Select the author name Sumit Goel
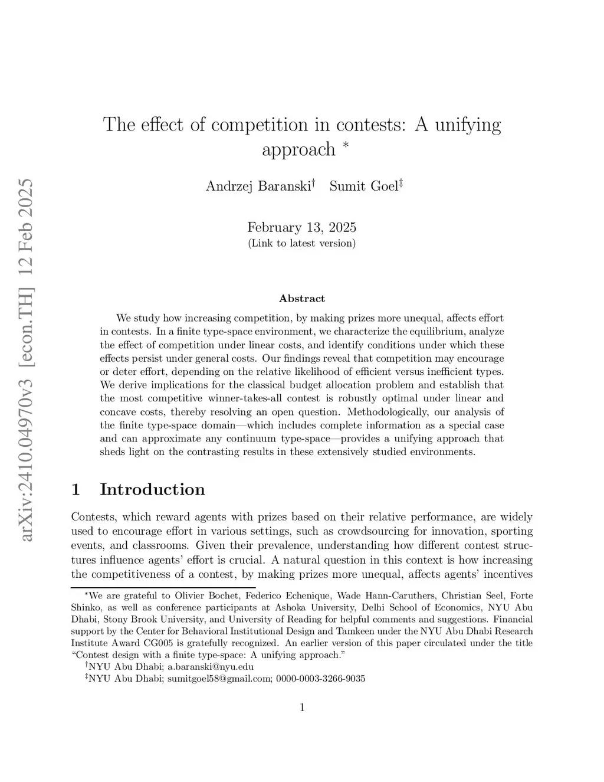(363, 186)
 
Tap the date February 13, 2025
(301, 227)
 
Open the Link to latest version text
(301, 243)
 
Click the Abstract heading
(301, 299)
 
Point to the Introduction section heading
(152, 489)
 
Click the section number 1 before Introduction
(75, 489)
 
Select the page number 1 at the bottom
(302, 708)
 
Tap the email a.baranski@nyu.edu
(211, 667)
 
